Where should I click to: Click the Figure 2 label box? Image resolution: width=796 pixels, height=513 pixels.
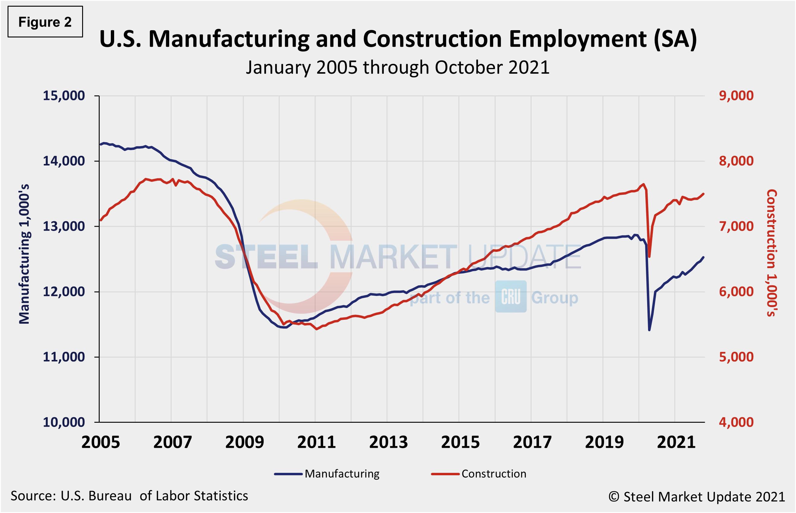coord(45,22)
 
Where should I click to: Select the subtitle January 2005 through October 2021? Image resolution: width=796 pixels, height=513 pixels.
coord(397,68)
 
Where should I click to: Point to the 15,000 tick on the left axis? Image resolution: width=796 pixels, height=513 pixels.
coord(64,96)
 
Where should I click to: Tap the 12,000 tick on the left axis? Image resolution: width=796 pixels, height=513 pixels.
coord(64,292)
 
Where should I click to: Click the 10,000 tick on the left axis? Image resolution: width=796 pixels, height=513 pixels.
coord(64,422)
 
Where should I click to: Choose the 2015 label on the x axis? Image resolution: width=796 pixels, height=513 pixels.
coord(460,442)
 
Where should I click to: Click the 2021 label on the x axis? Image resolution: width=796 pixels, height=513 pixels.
coord(676,442)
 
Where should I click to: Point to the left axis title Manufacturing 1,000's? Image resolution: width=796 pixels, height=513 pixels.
coord(24,254)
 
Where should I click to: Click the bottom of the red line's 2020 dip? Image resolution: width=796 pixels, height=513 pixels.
coord(650,257)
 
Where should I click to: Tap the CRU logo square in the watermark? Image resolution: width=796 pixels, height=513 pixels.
coord(511,297)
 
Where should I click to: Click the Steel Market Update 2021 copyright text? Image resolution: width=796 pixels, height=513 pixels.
coord(697,497)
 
